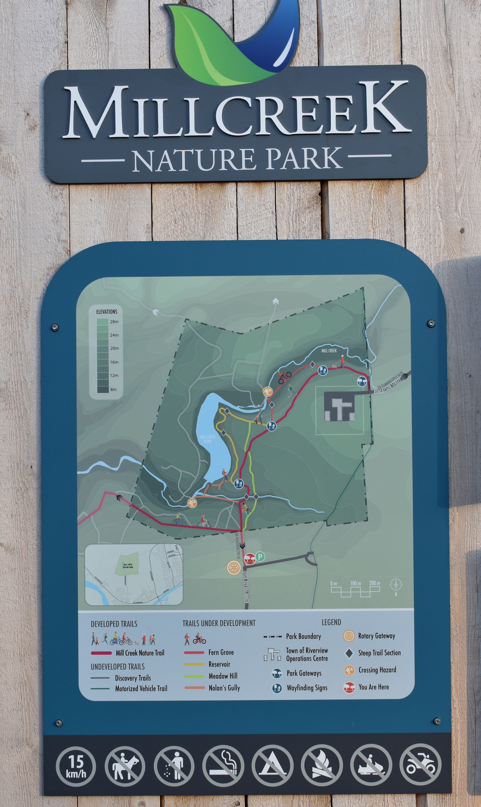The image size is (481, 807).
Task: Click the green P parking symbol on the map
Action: [x=260, y=557]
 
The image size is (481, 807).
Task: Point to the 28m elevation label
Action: [x=114, y=322]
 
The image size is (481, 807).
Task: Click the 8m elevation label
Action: [x=113, y=389]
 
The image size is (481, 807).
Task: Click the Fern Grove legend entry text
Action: [x=221, y=652]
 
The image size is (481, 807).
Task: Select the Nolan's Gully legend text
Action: [x=224, y=688]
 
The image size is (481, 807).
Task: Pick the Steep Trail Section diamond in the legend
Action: [x=349, y=653]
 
